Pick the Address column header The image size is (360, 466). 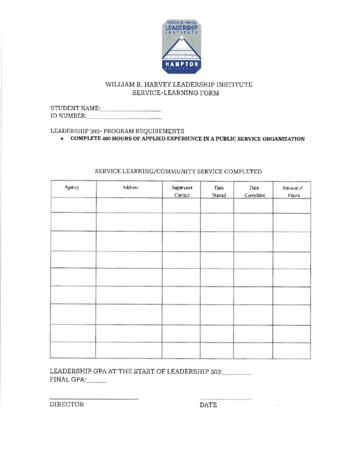click(x=130, y=187)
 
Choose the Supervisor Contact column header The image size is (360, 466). click(x=182, y=191)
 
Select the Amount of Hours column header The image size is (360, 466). click(x=292, y=191)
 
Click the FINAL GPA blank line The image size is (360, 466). click(x=96, y=381)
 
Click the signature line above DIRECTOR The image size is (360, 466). click(x=94, y=399)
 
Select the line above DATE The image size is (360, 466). click(x=226, y=399)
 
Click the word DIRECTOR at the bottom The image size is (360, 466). click(x=66, y=405)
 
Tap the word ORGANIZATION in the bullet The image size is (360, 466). click(x=282, y=139)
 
